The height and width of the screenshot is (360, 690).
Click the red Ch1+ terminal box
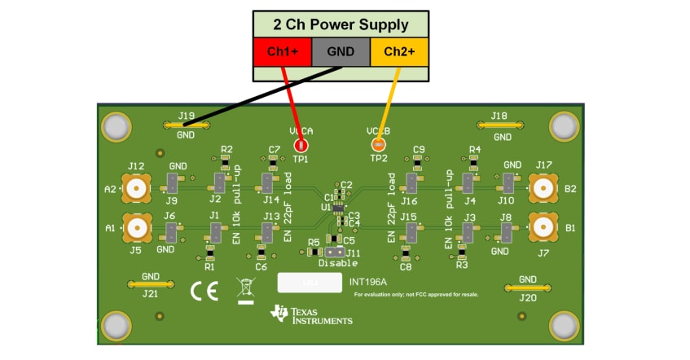pyautogui.click(x=282, y=51)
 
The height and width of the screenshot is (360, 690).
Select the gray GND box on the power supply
pyautogui.click(x=341, y=51)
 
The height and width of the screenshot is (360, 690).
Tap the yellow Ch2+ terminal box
pyautogui.click(x=399, y=51)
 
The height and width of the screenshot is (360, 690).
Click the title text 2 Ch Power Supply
pyautogui.click(x=341, y=24)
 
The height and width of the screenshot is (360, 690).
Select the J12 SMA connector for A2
pyautogui.click(x=136, y=189)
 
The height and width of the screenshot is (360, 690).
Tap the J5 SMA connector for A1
pyautogui.click(x=136, y=228)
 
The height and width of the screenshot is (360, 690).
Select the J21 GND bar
pyautogui.click(x=151, y=284)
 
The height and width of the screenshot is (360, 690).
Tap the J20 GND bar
pyautogui.click(x=527, y=288)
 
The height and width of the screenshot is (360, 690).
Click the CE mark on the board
pyautogui.click(x=204, y=291)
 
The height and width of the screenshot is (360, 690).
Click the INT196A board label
pyautogui.click(x=367, y=283)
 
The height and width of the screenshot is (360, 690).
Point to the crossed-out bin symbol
pyautogui.click(x=245, y=288)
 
